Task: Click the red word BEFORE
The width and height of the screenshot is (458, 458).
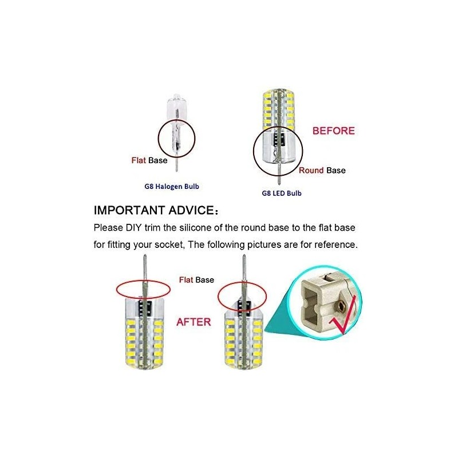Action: point(333,131)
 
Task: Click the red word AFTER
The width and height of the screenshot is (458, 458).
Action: point(194,322)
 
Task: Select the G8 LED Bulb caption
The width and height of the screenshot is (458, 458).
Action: point(281,193)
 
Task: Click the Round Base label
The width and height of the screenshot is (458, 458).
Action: point(322,170)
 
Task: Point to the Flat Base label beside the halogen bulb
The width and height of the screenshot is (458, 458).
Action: point(149,160)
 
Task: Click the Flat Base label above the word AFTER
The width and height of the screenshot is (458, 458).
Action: point(196,280)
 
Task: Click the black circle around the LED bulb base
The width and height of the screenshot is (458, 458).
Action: point(252,150)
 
